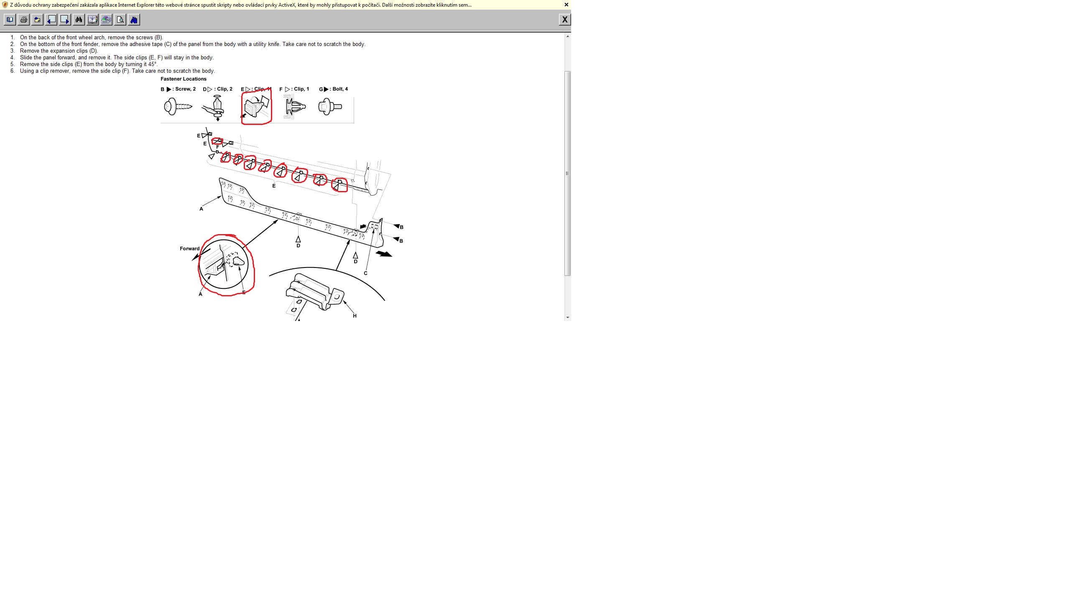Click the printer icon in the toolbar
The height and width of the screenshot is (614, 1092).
[x=24, y=20]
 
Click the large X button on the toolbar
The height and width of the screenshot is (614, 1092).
[x=565, y=20]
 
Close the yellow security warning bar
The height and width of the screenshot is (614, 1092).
[x=566, y=5]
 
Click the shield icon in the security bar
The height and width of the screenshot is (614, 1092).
[x=5, y=5]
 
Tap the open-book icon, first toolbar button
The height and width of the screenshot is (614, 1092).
[x=10, y=20]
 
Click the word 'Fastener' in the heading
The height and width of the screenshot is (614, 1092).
[x=172, y=79]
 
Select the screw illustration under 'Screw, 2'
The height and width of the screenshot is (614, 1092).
[x=178, y=106]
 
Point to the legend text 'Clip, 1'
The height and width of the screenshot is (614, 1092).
[x=301, y=89]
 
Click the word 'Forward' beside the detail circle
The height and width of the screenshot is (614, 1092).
[x=189, y=249]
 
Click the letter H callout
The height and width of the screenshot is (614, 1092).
[x=355, y=316]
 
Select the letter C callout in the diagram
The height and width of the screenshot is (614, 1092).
[x=365, y=273]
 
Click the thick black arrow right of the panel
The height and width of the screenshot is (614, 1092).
[x=384, y=254]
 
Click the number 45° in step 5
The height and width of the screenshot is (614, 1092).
[x=153, y=64]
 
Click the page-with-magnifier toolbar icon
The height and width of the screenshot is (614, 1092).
[x=120, y=20]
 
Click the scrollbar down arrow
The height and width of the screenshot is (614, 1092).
[x=568, y=317]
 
